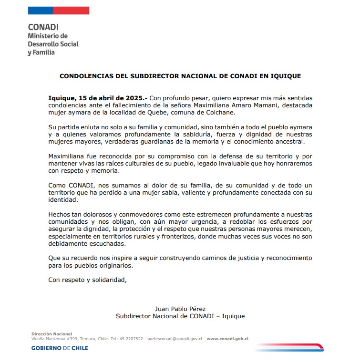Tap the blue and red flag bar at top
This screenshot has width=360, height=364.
click(x=59, y=10)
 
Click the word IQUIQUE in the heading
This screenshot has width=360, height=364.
click(x=285, y=75)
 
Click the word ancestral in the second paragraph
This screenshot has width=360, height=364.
click(x=288, y=142)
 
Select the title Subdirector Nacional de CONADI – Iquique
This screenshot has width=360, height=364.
click(x=180, y=316)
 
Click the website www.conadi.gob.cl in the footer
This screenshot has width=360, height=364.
click(x=227, y=339)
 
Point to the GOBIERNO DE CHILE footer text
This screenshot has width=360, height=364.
click(x=60, y=348)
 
